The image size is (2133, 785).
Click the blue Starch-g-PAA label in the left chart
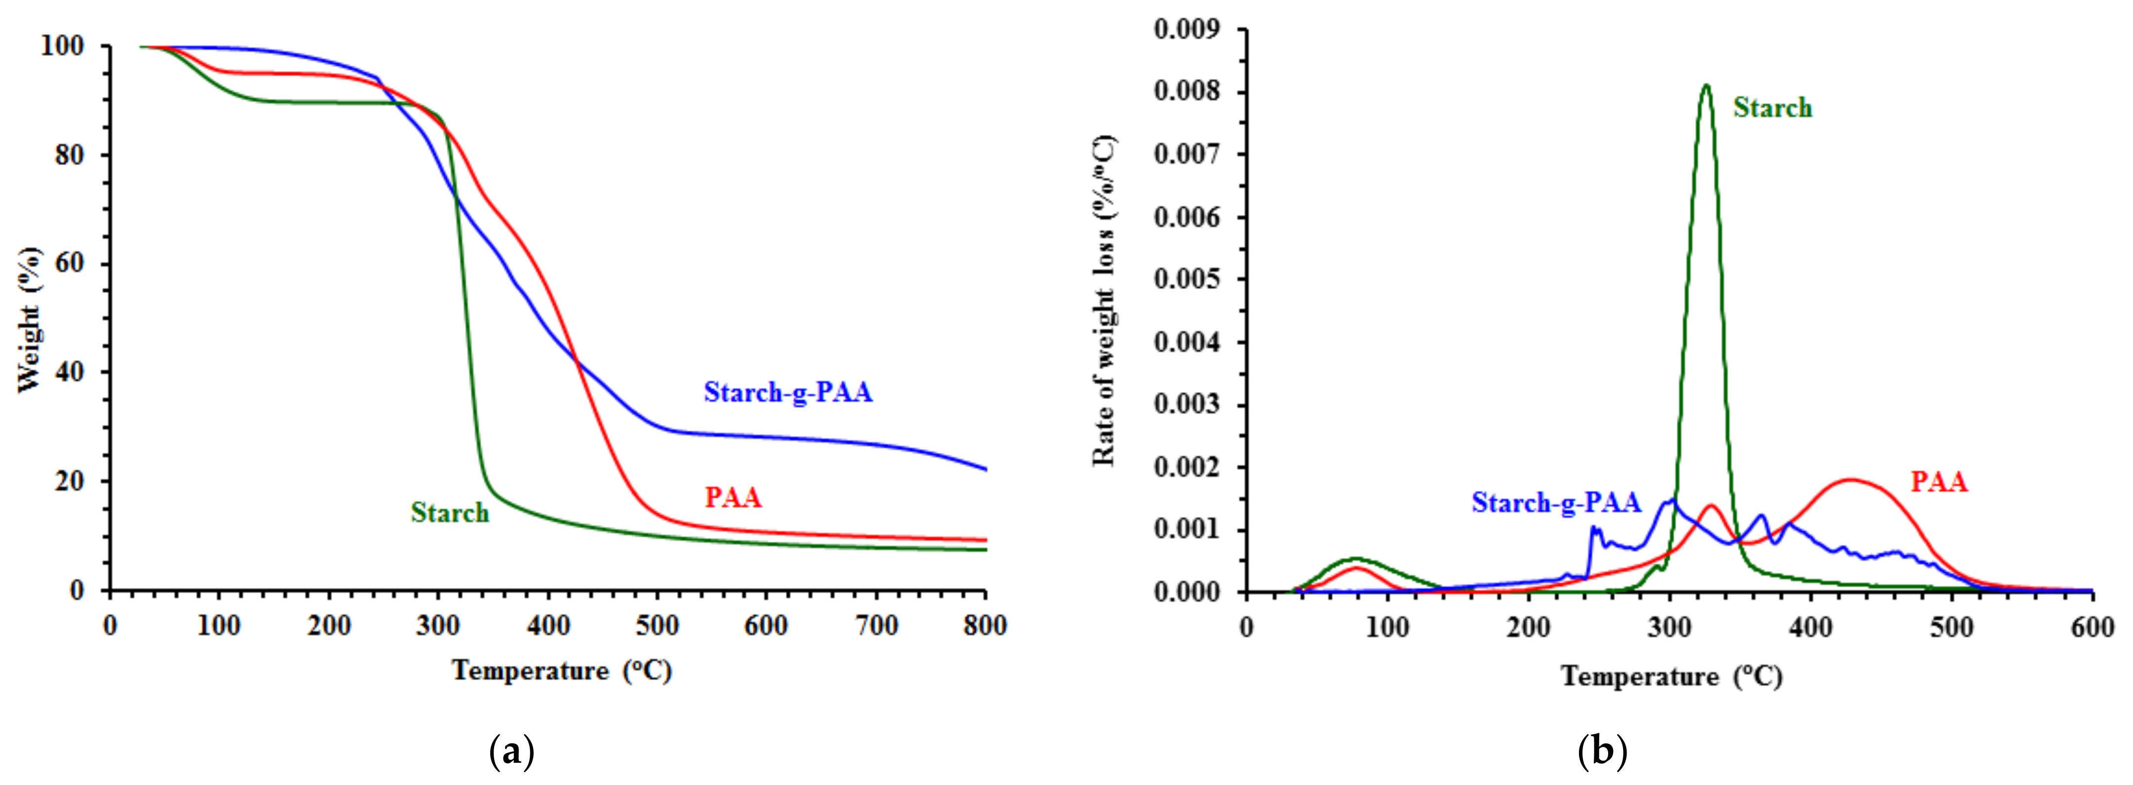coord(787,392)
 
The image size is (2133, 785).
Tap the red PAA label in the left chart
coord(733,498)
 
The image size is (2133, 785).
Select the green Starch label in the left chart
coord(450,513)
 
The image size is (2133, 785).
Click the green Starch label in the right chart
coord(1772,108)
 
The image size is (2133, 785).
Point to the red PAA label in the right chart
coord(1938,482)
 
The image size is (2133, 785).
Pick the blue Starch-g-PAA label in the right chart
coord(1556,503)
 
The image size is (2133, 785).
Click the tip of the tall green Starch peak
coord(1706,86)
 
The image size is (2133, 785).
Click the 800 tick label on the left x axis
coord(984,626)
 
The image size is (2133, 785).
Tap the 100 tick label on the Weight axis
coord(63,46)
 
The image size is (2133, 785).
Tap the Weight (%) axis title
coord(28,319)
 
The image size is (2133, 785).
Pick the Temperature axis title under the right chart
coord(1671,677)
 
